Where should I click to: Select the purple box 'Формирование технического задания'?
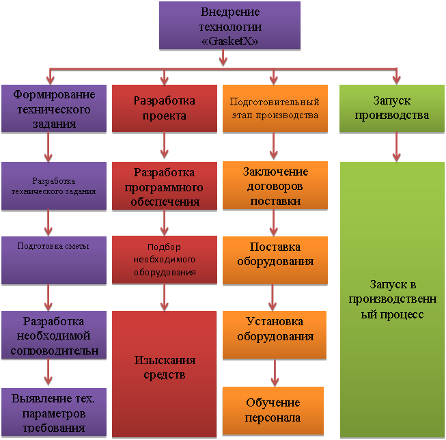pos(54,109)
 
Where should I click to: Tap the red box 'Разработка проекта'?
pos(164,108)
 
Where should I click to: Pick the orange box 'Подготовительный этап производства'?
pos(274,109)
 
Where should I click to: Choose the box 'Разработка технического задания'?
pos(54,186)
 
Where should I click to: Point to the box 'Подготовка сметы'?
pos(54,260)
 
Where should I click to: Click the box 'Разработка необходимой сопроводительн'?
pos(54,335)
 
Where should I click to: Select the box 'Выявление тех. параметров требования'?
pos(54,413)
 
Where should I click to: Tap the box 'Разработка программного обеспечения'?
pos(164,187)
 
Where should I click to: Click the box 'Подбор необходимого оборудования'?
pos(164,260)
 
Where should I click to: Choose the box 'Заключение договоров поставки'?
pos(275,187)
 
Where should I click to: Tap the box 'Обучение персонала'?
pos(275,410)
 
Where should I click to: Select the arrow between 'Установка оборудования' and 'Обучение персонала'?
pos(275,372)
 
